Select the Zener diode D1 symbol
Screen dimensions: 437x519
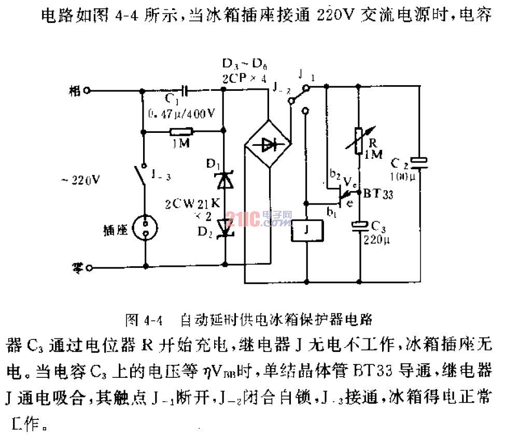coord(225,180)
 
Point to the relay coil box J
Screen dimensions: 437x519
coord(306,231)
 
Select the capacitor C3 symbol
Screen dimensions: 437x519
coord(359,225)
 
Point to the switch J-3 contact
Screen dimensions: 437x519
coord(138,174)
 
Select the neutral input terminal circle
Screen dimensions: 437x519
coord(89,268)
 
